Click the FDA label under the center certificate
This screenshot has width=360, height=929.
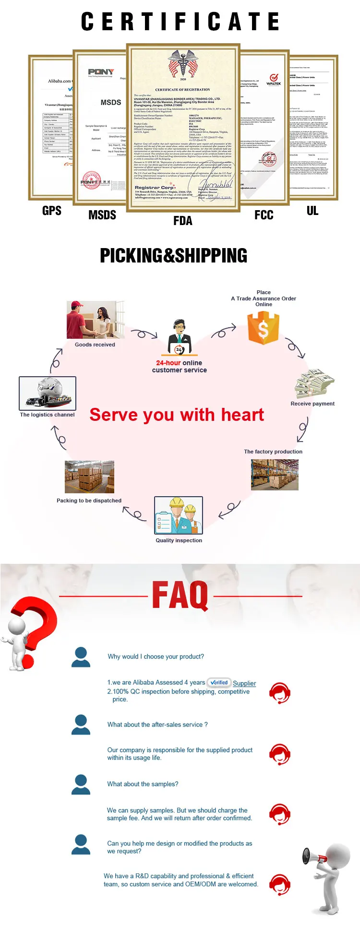[182, 221]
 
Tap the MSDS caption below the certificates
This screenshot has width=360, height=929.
[102, 215]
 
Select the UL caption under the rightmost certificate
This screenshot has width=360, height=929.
[312, 211]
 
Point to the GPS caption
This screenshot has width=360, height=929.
[52, 211]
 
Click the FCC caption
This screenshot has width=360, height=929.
[264, 215]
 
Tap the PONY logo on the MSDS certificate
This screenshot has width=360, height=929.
[101, 72]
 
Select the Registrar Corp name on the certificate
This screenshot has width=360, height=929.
[154, 188]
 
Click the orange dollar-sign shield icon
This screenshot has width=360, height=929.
[263, 328]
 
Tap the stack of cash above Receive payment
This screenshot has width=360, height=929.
[314, 383]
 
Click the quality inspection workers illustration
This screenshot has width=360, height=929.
[179, 515]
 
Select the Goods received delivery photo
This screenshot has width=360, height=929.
[95, 320]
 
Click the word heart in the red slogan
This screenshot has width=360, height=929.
[242, 415]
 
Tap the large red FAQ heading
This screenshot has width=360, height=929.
[180, 596]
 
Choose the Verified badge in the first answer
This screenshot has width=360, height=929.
[219, 682]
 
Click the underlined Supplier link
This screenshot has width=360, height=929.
[244, 683]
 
